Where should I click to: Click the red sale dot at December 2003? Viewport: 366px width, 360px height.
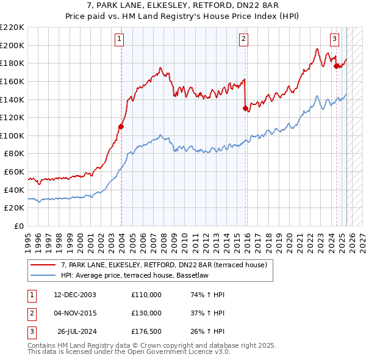pos(121,127)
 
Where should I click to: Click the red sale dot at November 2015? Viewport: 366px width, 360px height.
pos(246,109)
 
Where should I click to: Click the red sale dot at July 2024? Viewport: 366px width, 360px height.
pos(336,67)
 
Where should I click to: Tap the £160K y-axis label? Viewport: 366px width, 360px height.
pos(13,81)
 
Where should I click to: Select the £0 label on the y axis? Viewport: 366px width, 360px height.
pos(19,226)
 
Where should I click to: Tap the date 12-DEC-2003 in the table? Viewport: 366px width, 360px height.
pos(74,295)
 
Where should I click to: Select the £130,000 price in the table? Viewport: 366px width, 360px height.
pos(146,313)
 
